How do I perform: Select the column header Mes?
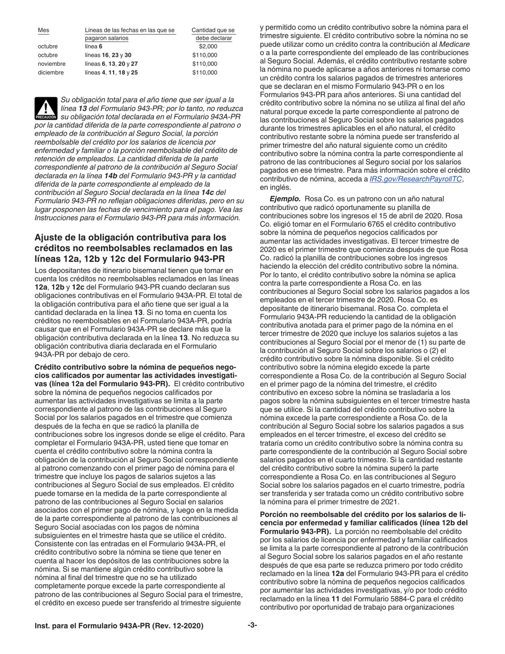pos(43,30)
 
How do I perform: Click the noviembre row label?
pos(52,64)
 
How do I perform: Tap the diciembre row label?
pos(50,72)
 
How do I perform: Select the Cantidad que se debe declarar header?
pos(213,34)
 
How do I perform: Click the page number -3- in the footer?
pos(252,625)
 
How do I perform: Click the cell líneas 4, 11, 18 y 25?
pos(111,72)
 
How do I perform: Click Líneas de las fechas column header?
pos(130,30)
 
